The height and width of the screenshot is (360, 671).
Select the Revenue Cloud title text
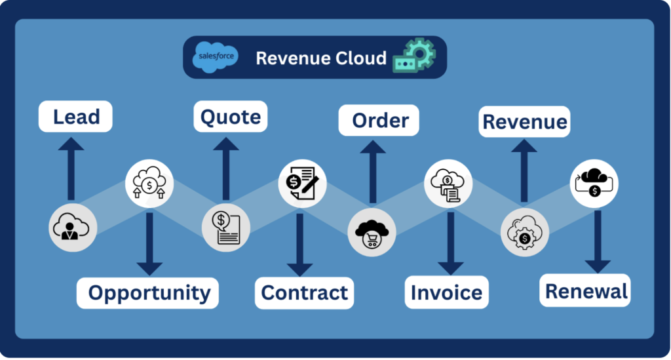click(321, 58)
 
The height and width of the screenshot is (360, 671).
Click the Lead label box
click(76, 117)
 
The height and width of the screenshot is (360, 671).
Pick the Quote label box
click(231, 117)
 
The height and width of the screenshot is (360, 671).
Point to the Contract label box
click(304, 292)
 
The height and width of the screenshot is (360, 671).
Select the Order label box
click(379, 121)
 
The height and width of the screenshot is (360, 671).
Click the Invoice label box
click(446, 292)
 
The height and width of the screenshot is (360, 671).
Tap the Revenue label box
click(525, 122)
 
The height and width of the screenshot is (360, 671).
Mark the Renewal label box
click(586, 290)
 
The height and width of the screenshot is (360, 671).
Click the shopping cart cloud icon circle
click(372, 233)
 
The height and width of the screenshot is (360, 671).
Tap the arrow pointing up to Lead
click(71, 169)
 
